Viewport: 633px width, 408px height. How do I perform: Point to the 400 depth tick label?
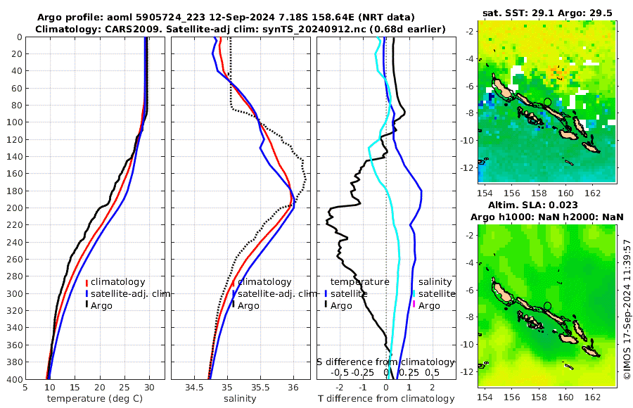click(12, 379)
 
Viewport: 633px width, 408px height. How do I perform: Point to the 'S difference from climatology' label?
click(385, 362)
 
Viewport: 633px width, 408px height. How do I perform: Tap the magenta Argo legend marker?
click(414, 305)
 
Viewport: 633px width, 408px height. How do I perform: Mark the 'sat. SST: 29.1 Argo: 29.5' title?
click(546, 12)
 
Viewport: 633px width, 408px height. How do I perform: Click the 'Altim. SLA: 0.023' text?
click(546, 205)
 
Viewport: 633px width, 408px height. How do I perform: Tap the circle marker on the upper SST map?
click(547, 102)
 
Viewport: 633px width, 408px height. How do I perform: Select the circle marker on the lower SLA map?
click(547, 306)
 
